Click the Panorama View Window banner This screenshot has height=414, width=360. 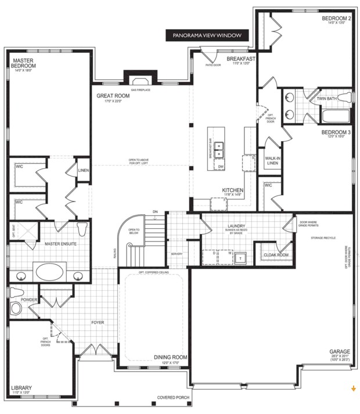point(207,35)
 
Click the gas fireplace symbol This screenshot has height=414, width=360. point(140,81)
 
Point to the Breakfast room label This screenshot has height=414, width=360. point(240,59)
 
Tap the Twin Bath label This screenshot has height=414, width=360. point(326,99)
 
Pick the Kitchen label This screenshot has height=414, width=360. point(232,190)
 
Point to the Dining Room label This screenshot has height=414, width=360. point(170,357)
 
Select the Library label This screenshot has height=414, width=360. point(21,388)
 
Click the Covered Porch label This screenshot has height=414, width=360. point(173,398)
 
